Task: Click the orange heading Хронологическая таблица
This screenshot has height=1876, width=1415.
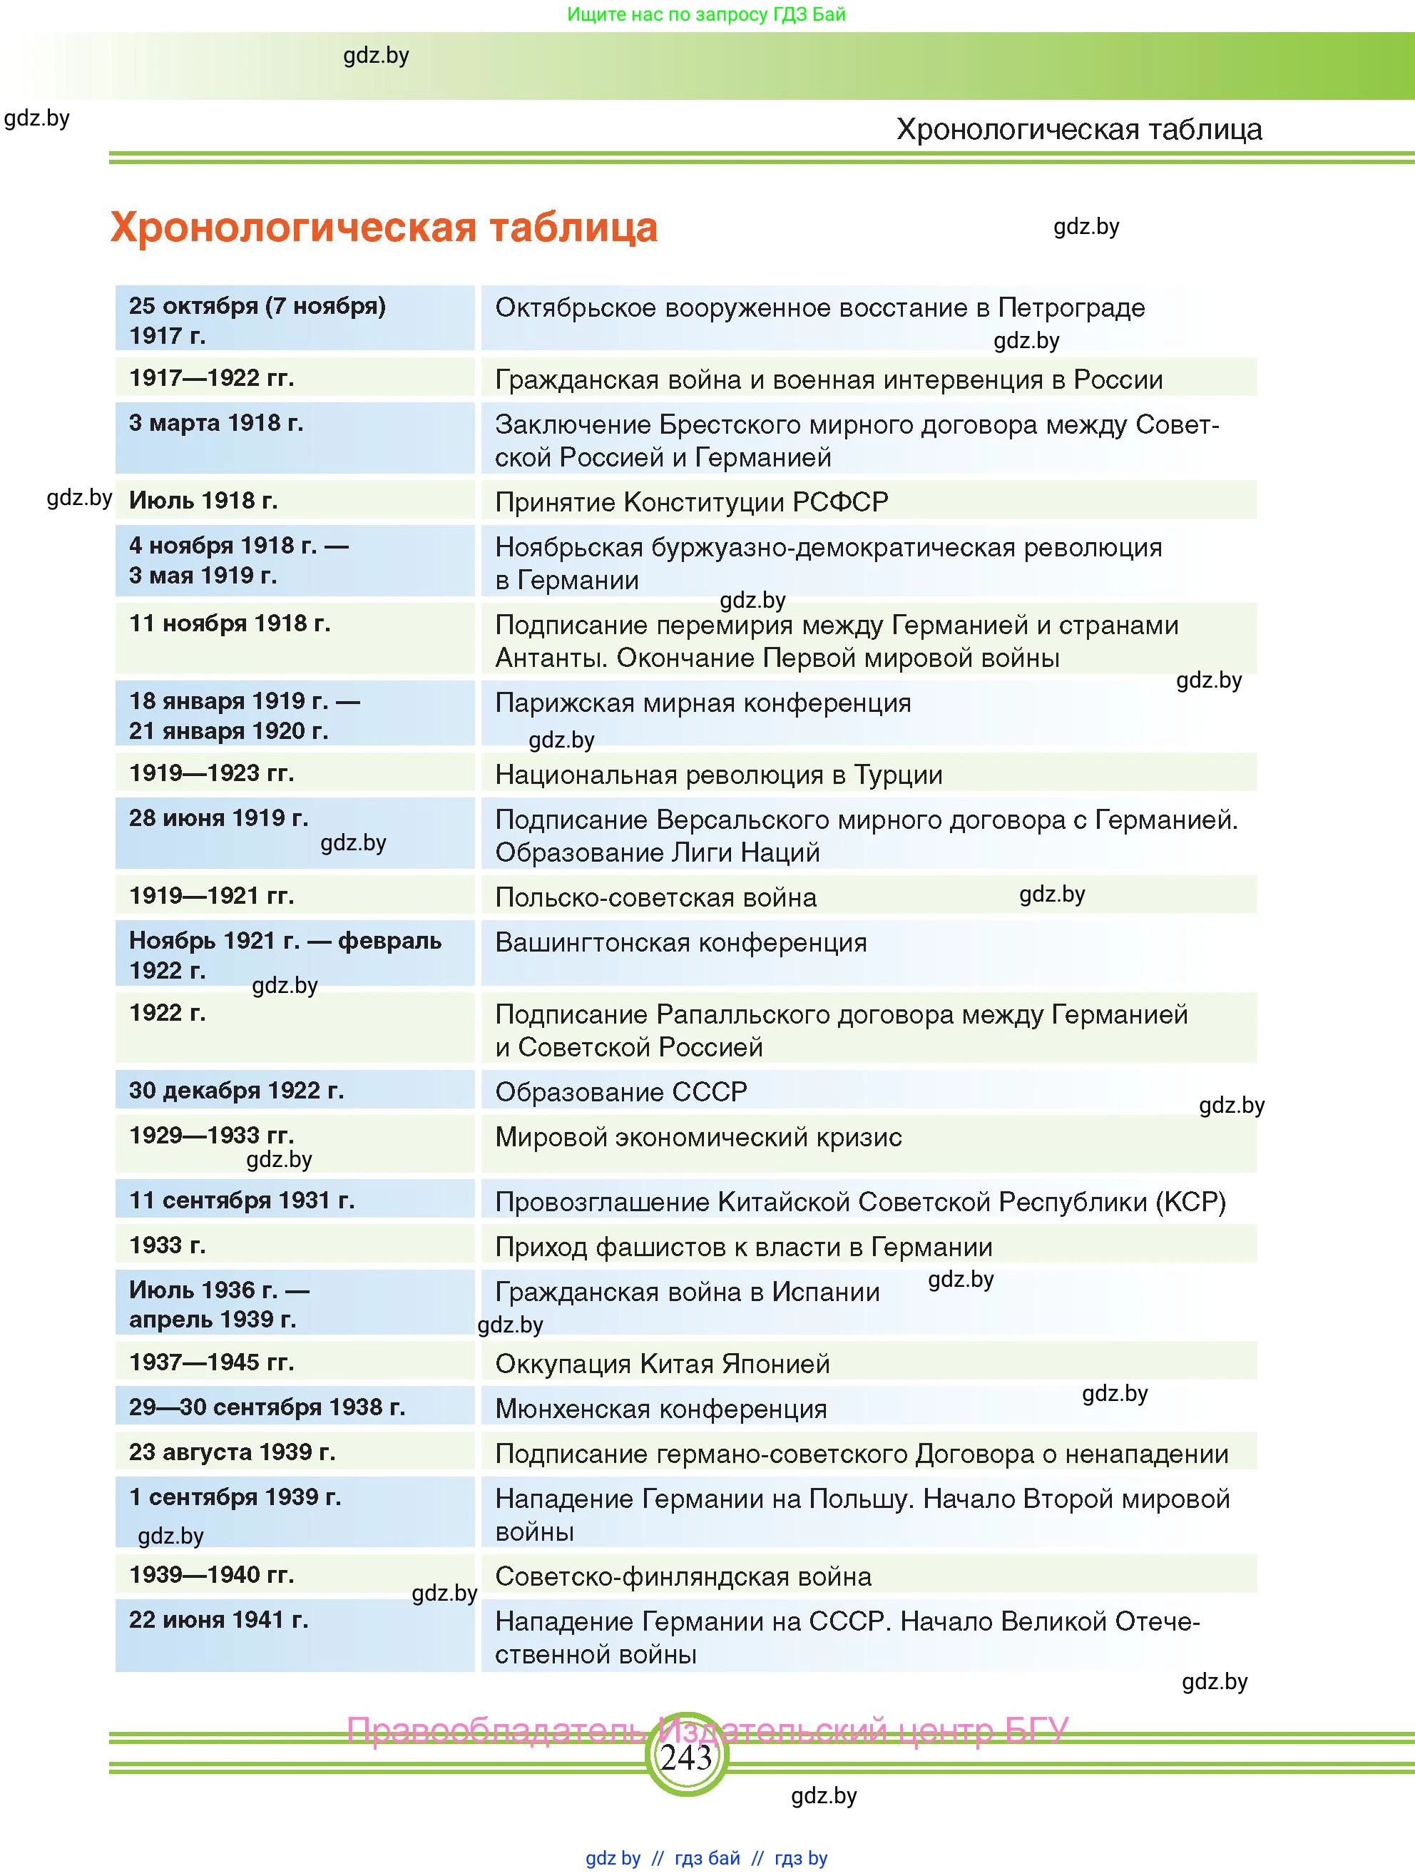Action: [x=383, y=228]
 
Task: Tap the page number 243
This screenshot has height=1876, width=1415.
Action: [x=686, y=1758]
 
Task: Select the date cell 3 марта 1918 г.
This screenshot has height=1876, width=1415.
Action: [x=216, y=423]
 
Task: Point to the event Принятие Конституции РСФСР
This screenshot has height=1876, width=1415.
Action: [x=691, y=502]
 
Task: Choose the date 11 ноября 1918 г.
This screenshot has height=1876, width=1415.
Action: [x=230, y=623]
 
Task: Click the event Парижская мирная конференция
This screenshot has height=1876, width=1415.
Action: [x=703, y=703]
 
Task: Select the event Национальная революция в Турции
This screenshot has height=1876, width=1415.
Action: [x=718, y=775]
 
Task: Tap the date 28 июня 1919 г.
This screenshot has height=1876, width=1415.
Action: [x=219, y=817]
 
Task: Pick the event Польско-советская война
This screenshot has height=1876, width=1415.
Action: [x=655, y=897]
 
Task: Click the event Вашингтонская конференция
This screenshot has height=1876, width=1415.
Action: [x=681, y=942]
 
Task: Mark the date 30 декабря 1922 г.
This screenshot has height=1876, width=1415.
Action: [x=237, y=1091]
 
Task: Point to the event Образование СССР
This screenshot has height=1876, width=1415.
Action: [x=620, y=1092]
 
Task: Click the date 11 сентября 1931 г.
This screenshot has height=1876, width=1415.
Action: [x=242, y=1200]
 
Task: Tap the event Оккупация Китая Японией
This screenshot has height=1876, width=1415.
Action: [x=662, y=1364]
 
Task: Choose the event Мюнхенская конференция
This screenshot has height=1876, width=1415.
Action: [x=660, y=1409]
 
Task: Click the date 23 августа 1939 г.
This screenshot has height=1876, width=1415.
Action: [x=233, y=1452]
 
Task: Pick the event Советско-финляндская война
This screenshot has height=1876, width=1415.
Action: [x=683, y=1576]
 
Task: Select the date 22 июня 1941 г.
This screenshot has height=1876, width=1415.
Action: [x=219, y=1620]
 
